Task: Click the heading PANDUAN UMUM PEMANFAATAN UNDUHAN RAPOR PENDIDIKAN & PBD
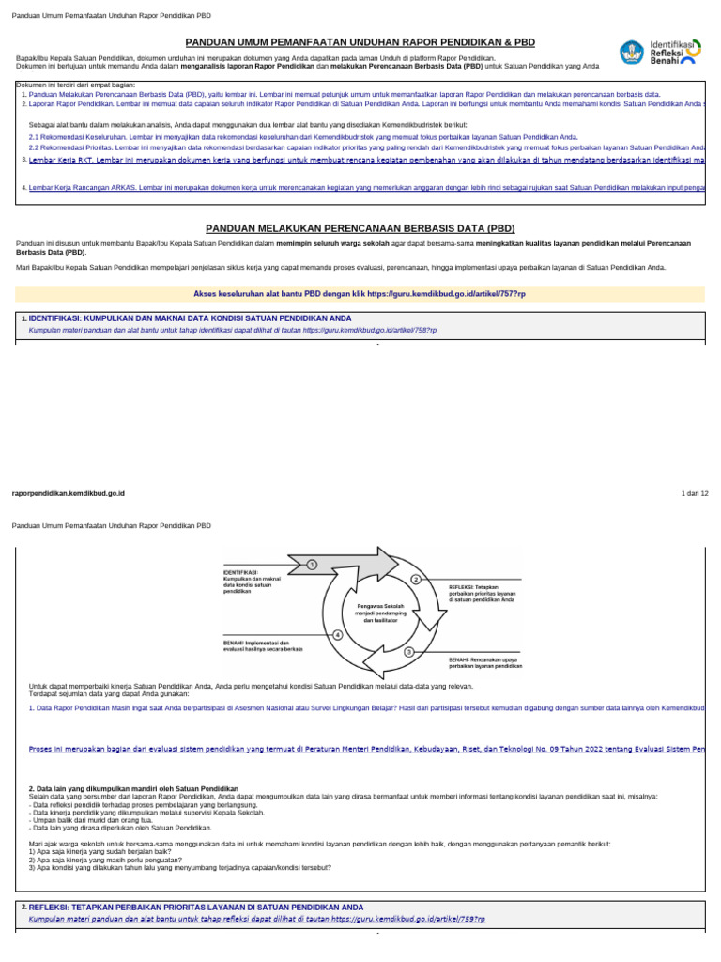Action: click(x=360, y=42)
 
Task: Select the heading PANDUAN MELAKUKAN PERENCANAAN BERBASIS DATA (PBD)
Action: click(x=360, y=228)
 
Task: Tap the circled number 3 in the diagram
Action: click(x=409, y=651)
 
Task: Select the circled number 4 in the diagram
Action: click(x=337, y=635)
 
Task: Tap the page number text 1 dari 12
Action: click(x=694, y=493)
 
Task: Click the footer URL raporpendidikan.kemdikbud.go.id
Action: click(x=68, y=493)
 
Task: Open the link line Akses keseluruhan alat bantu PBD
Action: click(x=360, y=293)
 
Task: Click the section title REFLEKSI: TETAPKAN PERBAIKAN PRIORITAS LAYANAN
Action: click(x=195, y=908)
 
